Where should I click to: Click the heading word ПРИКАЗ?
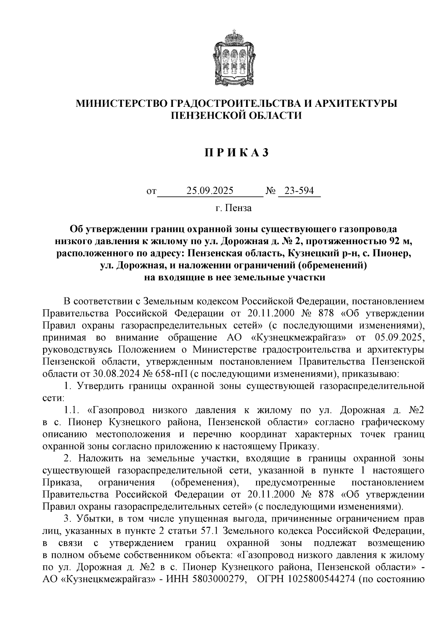tap(236, 153)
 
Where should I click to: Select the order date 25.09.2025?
tap(210, 191)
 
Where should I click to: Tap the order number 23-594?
tap(299, 191)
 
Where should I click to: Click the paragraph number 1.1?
tap(71, 410)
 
